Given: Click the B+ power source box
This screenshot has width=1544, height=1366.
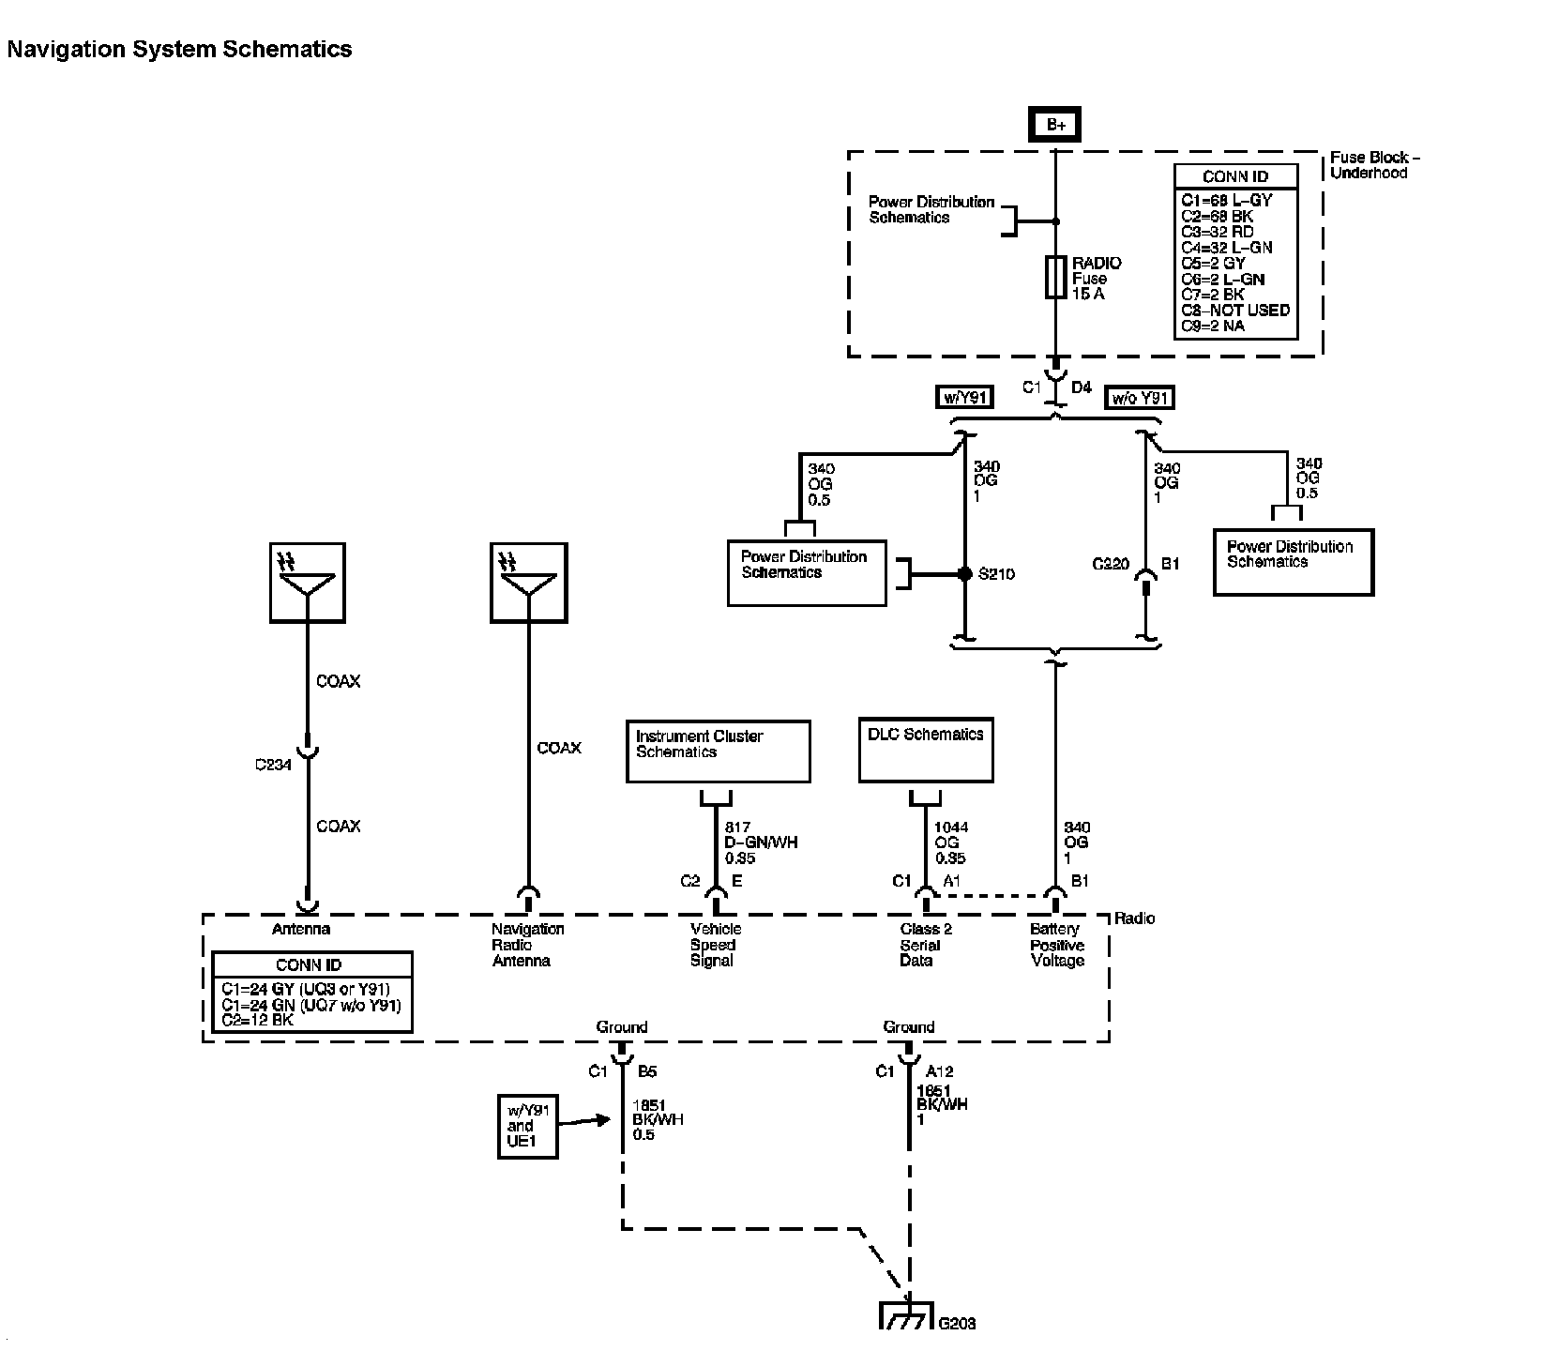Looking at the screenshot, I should [x=1055, y=125].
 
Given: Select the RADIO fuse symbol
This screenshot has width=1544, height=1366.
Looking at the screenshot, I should [x=1055, y=277].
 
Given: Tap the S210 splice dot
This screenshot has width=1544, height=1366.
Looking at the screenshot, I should [x=964, y=574].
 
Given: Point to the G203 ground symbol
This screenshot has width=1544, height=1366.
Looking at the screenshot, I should [x=907, y=1315].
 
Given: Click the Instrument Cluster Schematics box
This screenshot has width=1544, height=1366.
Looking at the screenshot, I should [x=718, y=751].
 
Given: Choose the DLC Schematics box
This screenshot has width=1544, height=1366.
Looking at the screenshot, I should [x=926, y=750].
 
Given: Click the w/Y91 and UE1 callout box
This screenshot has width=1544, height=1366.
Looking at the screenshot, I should [x=526, y=1126].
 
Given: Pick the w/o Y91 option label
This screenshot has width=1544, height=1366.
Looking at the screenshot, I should [x=1140, y=398].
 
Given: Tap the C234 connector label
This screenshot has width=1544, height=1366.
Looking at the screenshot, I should [x=273, y=765].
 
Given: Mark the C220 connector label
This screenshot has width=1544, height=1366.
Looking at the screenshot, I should [x=1112, y=564].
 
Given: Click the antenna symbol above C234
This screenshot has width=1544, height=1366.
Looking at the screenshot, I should [x=307, y=582].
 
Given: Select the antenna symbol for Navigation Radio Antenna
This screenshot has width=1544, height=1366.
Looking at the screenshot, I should [x=528, y=582].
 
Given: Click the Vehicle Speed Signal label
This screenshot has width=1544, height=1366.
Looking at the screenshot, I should [x=715, y=945].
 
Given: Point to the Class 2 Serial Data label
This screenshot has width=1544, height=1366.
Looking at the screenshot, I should [x=926, y=945].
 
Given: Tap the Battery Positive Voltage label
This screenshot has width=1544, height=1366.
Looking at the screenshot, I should [x=1057, y=945].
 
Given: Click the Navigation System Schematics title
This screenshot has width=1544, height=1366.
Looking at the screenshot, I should [x=179, y=50].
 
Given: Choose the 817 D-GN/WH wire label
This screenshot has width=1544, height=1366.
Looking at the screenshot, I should [x=761, y=842].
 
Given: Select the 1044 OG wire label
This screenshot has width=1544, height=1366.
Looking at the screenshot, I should [x=951, y=842].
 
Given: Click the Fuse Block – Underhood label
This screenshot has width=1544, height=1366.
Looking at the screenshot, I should [x=1374, y=165].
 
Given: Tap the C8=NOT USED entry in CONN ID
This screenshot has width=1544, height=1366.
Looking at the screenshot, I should [x=1235, y=311].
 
